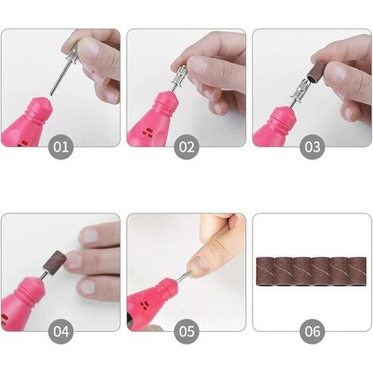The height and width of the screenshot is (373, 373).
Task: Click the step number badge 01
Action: coord(61,147)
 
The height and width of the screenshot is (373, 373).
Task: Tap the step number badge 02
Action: coord(186,147)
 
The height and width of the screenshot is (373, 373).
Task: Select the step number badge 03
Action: coord(312,147)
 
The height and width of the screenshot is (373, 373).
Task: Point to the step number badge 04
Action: coord(61,332)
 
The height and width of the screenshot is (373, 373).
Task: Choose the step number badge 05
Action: coord(186,332)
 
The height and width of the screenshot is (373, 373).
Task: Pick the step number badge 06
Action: coord(312,332)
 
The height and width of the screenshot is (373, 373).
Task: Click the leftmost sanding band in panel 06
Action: coord(266,271)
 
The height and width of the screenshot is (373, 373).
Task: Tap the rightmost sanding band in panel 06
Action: coord(358,271)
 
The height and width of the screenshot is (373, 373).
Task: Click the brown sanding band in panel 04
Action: coord(53,262)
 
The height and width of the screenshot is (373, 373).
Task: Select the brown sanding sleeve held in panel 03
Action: coord(314,70)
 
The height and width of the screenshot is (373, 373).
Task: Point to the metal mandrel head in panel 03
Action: coord(299,89)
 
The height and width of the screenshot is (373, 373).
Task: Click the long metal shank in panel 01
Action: coord(59,79)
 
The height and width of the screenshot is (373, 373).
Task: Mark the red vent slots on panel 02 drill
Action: coord(147,133)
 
